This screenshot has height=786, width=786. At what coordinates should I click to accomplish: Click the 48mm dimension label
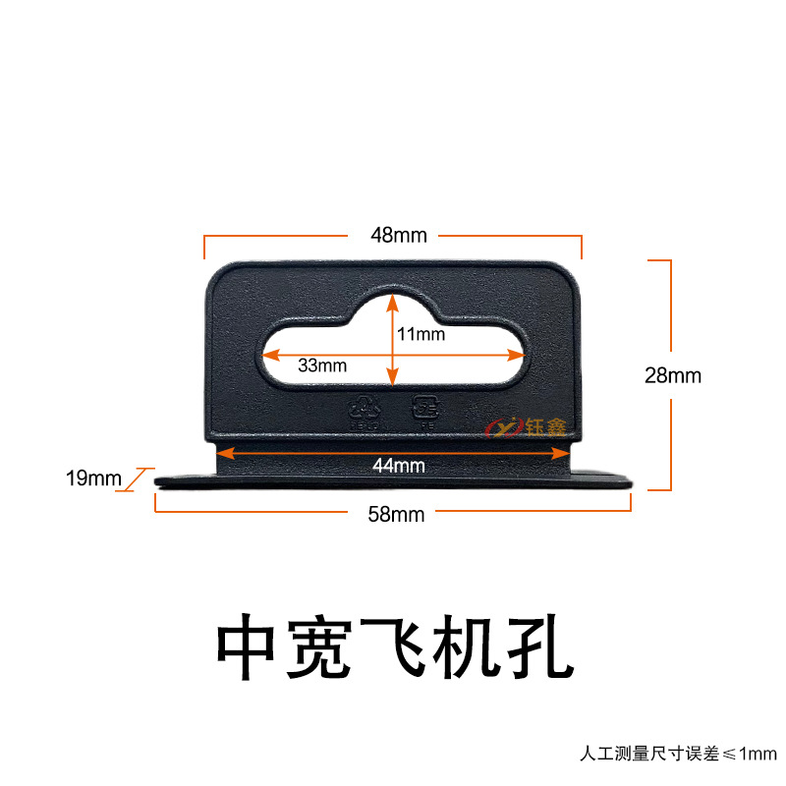click(x=392, y=236)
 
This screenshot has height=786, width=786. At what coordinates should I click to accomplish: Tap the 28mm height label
click(x=673, y=375)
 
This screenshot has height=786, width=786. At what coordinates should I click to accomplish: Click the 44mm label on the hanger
click(x=392, y=466)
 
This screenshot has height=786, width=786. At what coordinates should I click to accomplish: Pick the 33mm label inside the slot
click(x=322, y=365)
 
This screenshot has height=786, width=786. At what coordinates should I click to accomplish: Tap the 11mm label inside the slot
click(x=421, y=334)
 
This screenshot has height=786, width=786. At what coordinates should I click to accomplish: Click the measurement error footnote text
click(x=677, y=755)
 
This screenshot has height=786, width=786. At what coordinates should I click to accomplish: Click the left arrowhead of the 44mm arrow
click(x=223, y=453)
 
